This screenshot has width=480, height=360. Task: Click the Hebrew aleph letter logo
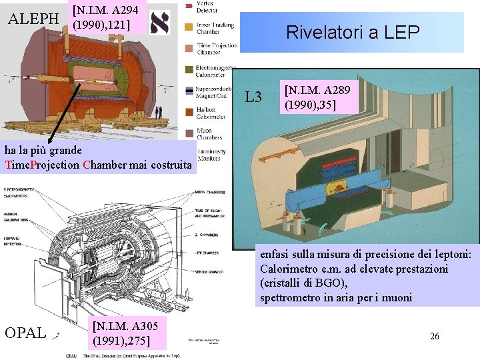160,22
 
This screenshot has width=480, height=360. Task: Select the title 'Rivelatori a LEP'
352,31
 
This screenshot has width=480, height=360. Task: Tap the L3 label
253,98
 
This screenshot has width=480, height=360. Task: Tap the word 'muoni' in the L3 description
397,297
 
